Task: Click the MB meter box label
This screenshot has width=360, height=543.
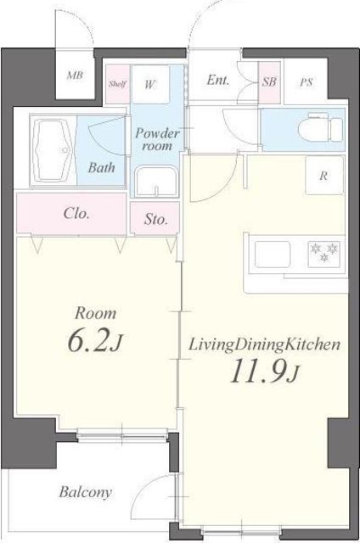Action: point(76,75)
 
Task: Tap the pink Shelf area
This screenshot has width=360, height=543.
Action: point(117,84)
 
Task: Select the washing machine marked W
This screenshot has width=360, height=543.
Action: point(151,84)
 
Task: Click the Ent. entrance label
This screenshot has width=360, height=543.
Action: point(217,80)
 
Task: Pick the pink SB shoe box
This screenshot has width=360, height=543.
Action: point(269,82)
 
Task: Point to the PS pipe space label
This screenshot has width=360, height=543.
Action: point(307,82)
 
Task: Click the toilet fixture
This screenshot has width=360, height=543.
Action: point(320,126)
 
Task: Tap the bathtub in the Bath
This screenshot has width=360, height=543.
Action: point(51,150)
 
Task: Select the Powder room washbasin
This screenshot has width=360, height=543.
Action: point(156,182)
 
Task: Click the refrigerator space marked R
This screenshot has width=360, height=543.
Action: point(324,175)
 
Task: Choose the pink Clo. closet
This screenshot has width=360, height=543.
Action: point(71,214)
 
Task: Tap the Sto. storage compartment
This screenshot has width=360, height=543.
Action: point(155,219)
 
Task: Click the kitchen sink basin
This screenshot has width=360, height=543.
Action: point(273,255)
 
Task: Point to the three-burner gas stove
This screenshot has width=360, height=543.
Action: point(325,255)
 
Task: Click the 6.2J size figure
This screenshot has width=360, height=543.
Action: point(94,341)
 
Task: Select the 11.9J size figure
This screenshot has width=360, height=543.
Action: point(264,372)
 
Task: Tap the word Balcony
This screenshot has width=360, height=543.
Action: point(85,492)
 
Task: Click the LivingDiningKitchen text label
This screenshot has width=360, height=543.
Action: point(264,345)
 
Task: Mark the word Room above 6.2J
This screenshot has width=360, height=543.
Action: point(96,313)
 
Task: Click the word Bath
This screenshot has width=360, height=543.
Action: point(101,168)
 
